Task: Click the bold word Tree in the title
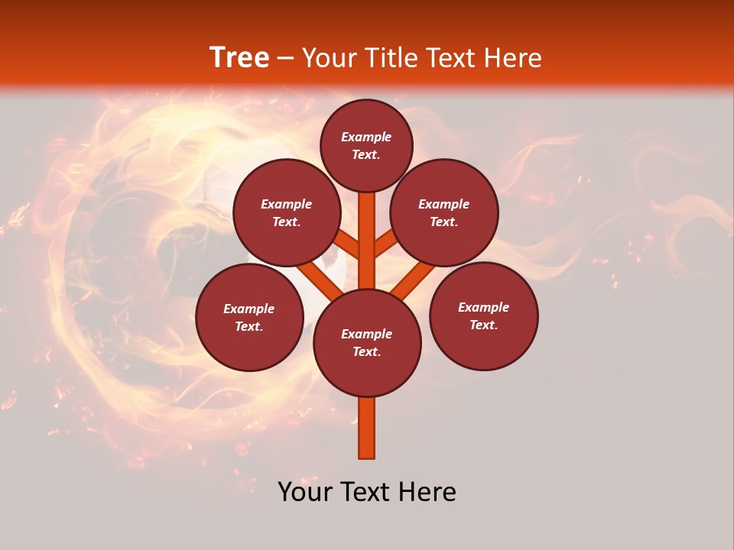click(x=239, y=58)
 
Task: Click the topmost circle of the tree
click(x=366, y=145)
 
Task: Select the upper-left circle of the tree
click(x=287, y=212)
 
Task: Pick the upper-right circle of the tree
click(x=444, y=212)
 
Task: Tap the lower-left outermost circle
click(x=249, y=317)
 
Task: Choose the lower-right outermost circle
click(x=484, y=315)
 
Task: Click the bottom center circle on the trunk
click(x=367, y=343)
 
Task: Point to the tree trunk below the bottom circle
click(x=367, y=428)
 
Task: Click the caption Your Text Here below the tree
click(x=367, y=492)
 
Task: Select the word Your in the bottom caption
click(x=305, y=492)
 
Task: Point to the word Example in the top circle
click(x=366, y=137)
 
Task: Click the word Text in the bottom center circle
click(x=366, y=352)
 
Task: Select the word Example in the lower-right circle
click(x=483, y=307)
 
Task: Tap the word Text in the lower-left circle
click(x=248, y=327)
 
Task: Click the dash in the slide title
click(x=285, y=59)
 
